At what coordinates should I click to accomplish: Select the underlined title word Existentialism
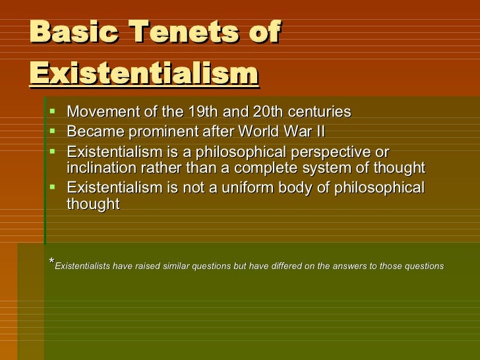tap(143, 72)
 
